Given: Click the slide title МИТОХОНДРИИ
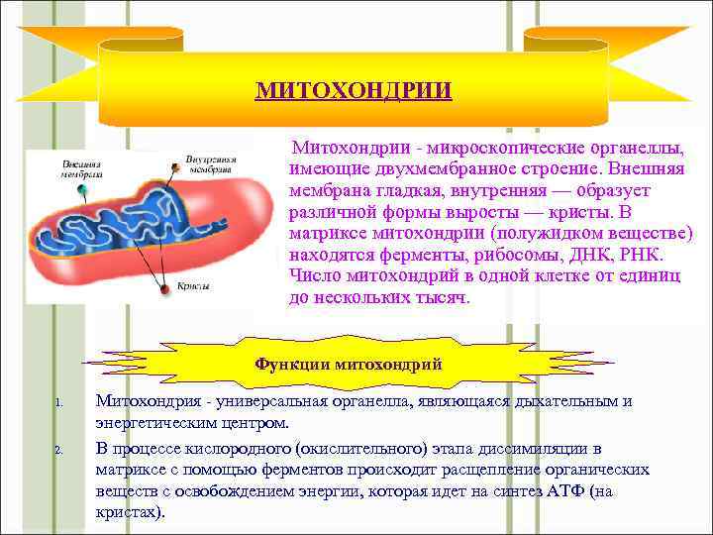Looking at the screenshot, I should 354,91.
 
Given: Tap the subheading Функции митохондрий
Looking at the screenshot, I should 349,364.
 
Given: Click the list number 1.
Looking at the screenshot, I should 58,403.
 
